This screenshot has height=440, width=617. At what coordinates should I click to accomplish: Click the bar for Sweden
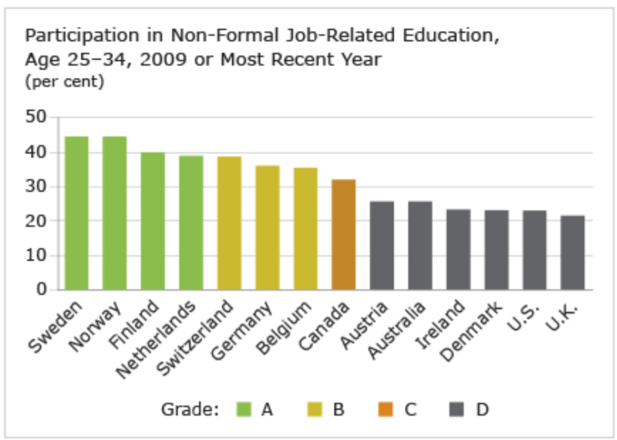[x=77, y=213]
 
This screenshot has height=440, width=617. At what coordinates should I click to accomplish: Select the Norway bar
[x=114, y=213]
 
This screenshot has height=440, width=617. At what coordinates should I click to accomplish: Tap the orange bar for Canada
[x=343, y=235]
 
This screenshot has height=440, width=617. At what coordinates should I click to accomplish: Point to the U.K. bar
[x=572, y=253]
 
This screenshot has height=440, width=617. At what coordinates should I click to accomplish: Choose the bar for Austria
[x=381, y=246]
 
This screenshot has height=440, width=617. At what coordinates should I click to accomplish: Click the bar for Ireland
[x=458, y=250]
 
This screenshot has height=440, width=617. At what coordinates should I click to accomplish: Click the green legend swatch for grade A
[x=243, y=410]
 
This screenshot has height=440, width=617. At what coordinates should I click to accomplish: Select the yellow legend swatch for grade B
[x=315, y=410]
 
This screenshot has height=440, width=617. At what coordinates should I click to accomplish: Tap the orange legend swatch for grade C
[x=386, y=410]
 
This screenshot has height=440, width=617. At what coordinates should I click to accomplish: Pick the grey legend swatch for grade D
[x=457, y=410]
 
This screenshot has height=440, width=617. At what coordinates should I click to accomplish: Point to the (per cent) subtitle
[x=64, y=82]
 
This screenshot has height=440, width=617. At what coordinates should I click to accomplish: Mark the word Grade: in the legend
[x=189, y=410]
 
